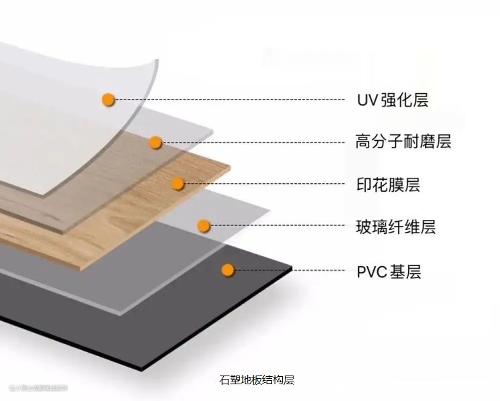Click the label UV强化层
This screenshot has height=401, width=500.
coord(392,101)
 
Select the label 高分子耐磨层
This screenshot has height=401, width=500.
coord(403,141)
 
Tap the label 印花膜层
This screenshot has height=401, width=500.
coord(388,184)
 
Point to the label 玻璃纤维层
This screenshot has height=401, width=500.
coord(395,227)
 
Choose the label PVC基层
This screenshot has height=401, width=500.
coord(389,272)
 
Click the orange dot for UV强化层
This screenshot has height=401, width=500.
coord(108,100)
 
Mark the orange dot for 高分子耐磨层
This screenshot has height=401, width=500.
coord(155,142)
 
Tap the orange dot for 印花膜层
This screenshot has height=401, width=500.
coord(178,183)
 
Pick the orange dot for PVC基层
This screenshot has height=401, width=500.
coord(228,270)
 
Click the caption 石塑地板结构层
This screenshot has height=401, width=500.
coord(257,380)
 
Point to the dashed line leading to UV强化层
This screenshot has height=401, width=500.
coord(228,100)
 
